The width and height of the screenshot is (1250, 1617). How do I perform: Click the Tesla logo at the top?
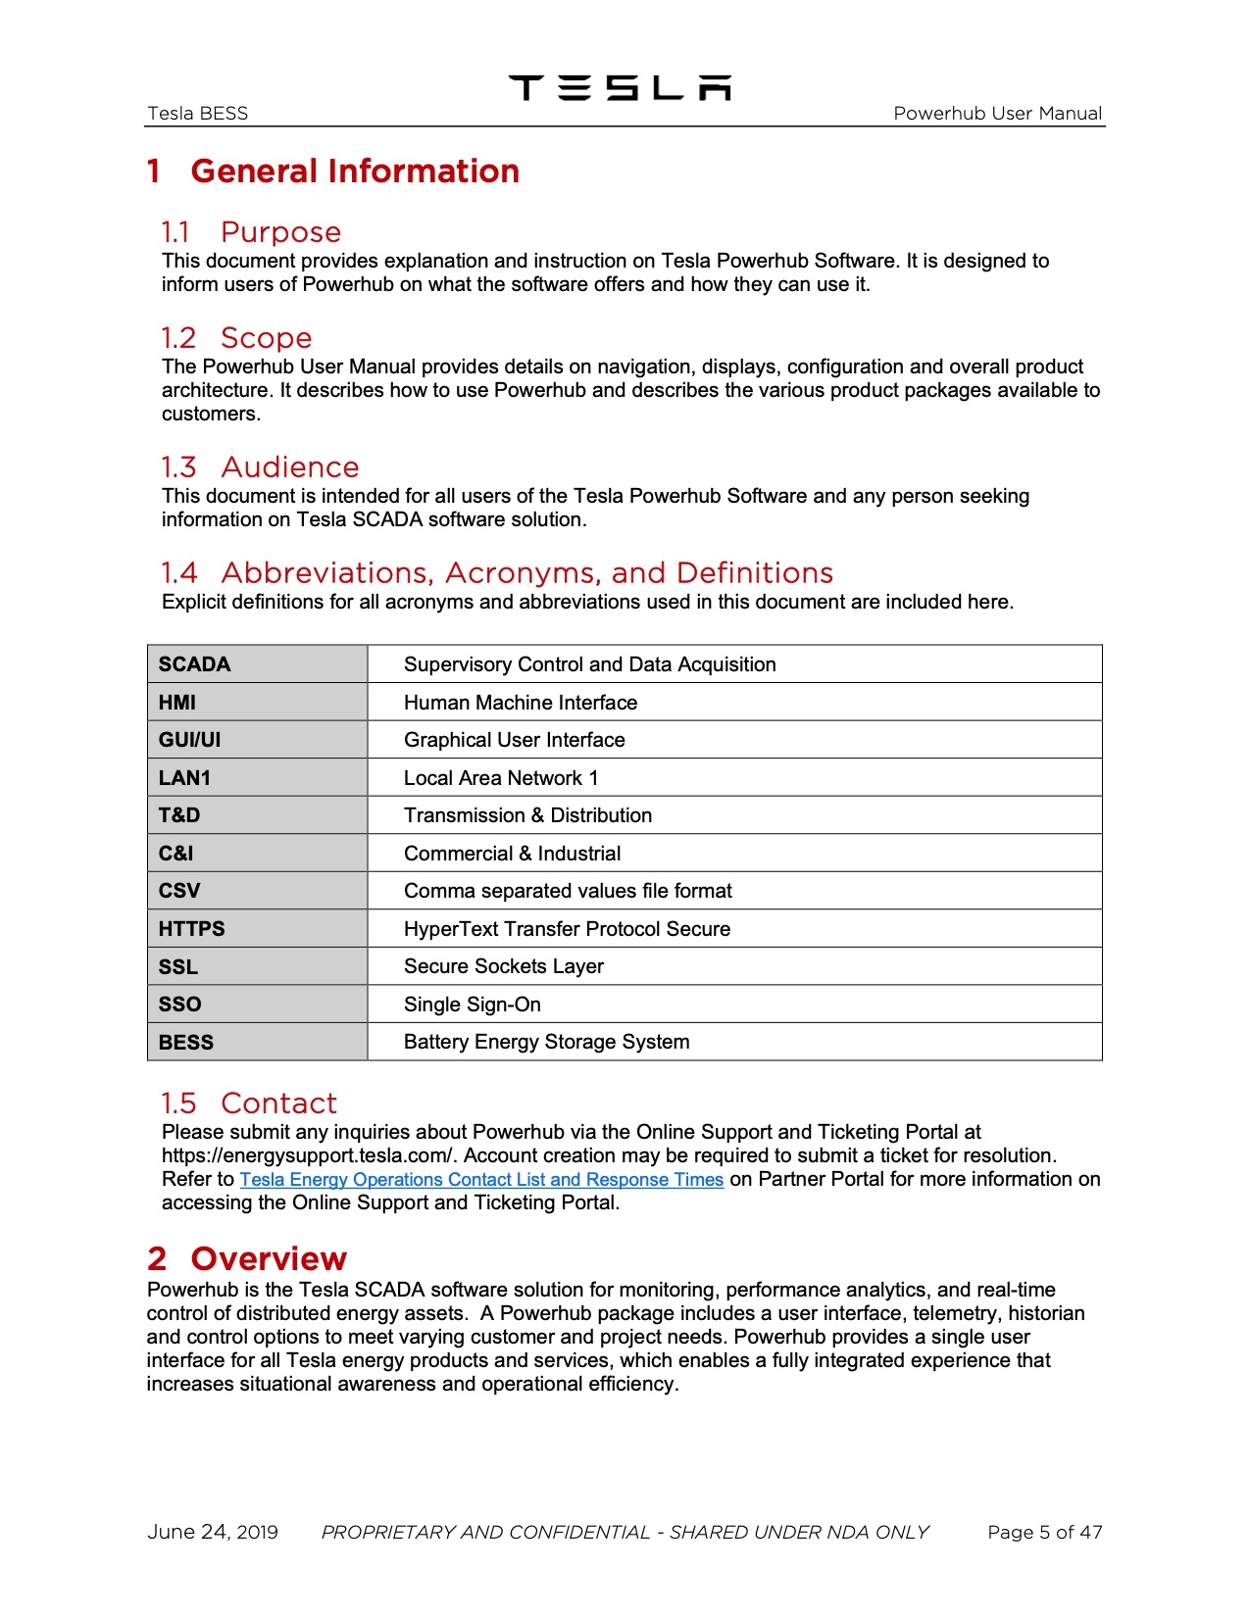click(620, 88)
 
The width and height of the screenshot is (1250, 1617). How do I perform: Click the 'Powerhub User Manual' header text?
click(997, 114)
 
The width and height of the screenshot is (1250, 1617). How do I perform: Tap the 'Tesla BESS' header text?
click(197, 114)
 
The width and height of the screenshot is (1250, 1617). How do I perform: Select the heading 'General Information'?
click(354, 171)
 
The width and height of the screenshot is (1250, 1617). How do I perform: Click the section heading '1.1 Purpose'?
click(251, 232)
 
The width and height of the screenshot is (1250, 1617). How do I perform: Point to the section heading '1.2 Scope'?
click(236, 338)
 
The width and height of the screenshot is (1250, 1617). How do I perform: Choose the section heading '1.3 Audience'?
click(260, 467)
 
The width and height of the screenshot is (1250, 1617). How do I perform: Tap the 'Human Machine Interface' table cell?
click(520, 703)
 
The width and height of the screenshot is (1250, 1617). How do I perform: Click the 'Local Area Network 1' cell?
click(500, 778)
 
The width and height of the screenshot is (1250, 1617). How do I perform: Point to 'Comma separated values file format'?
click(568, 891)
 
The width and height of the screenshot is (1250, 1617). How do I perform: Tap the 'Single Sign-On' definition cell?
click(472, 1004)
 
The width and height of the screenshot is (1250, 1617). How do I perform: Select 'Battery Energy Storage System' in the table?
click(546, 1042)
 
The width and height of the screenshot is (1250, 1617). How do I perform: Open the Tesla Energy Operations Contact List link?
click(481, 1180)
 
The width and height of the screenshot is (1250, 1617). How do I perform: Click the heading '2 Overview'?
click(247, 1259)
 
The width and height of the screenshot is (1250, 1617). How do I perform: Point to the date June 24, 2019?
click(213, 1533)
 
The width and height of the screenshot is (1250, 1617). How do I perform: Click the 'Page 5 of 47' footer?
click(1044, 1533)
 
